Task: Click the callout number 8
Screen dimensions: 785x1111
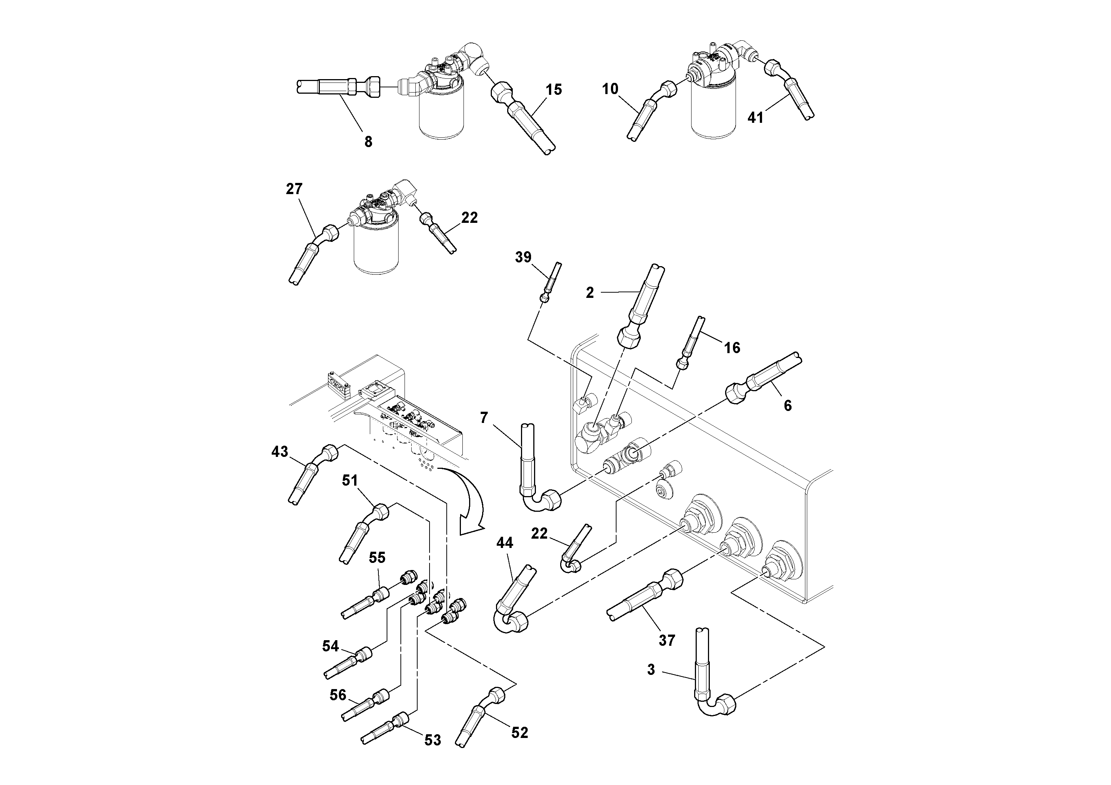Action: [368, 142]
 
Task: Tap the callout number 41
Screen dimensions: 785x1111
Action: [755, 117]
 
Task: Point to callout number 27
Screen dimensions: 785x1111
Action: [294, 189]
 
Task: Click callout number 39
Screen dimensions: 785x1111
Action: [523, 257]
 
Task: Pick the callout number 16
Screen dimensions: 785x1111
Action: [732, 348]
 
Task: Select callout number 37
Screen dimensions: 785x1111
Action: [667, 640]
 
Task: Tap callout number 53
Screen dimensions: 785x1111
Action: [433, 740]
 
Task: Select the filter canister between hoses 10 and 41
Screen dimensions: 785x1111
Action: [713, 114]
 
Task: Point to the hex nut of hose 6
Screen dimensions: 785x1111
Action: [737, 393]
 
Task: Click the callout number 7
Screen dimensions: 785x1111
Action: [484, 417]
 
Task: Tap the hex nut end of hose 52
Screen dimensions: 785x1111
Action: [496, 695]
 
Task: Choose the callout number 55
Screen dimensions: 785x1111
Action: [377, 558]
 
